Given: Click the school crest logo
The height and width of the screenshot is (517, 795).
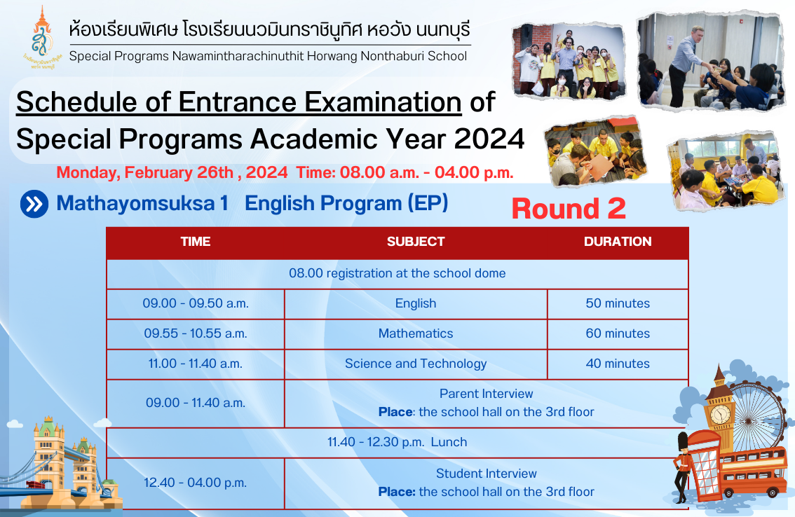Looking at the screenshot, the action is click(41, 38).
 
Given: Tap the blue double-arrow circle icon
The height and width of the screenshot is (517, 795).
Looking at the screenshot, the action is click(34, 204).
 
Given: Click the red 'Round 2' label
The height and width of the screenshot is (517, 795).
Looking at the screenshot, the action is click(569, 209).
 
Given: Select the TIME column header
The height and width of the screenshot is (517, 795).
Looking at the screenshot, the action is click(196, 242).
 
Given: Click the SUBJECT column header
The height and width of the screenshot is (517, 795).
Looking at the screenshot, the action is click(416, 242).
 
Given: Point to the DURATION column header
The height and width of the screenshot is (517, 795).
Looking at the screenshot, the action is click(618, 242).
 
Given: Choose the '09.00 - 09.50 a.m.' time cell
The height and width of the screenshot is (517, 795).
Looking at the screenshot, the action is click(196, 303).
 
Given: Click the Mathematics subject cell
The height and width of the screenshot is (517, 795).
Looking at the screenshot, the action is click(416, 333).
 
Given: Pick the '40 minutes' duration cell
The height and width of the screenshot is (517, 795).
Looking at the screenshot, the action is click(618, 364).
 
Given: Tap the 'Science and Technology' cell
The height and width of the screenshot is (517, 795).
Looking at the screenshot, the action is click(416, 364).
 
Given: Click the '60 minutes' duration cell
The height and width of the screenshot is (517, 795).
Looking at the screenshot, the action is click(618, 333).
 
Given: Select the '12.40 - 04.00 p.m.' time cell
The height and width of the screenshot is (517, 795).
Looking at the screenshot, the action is click(195, 483).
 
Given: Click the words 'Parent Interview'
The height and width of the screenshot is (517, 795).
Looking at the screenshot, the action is click(487, 394).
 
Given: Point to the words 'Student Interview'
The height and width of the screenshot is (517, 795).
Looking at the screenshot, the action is click(487, 474).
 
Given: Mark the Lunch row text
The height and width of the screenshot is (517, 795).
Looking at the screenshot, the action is click(397, 442).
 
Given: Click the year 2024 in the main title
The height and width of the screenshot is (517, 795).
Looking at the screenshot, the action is click(489, 139).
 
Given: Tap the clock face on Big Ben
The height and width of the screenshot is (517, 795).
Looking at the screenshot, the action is click(720, 415).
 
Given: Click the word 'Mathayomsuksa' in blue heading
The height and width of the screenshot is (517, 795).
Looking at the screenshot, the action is click(136, 204).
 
